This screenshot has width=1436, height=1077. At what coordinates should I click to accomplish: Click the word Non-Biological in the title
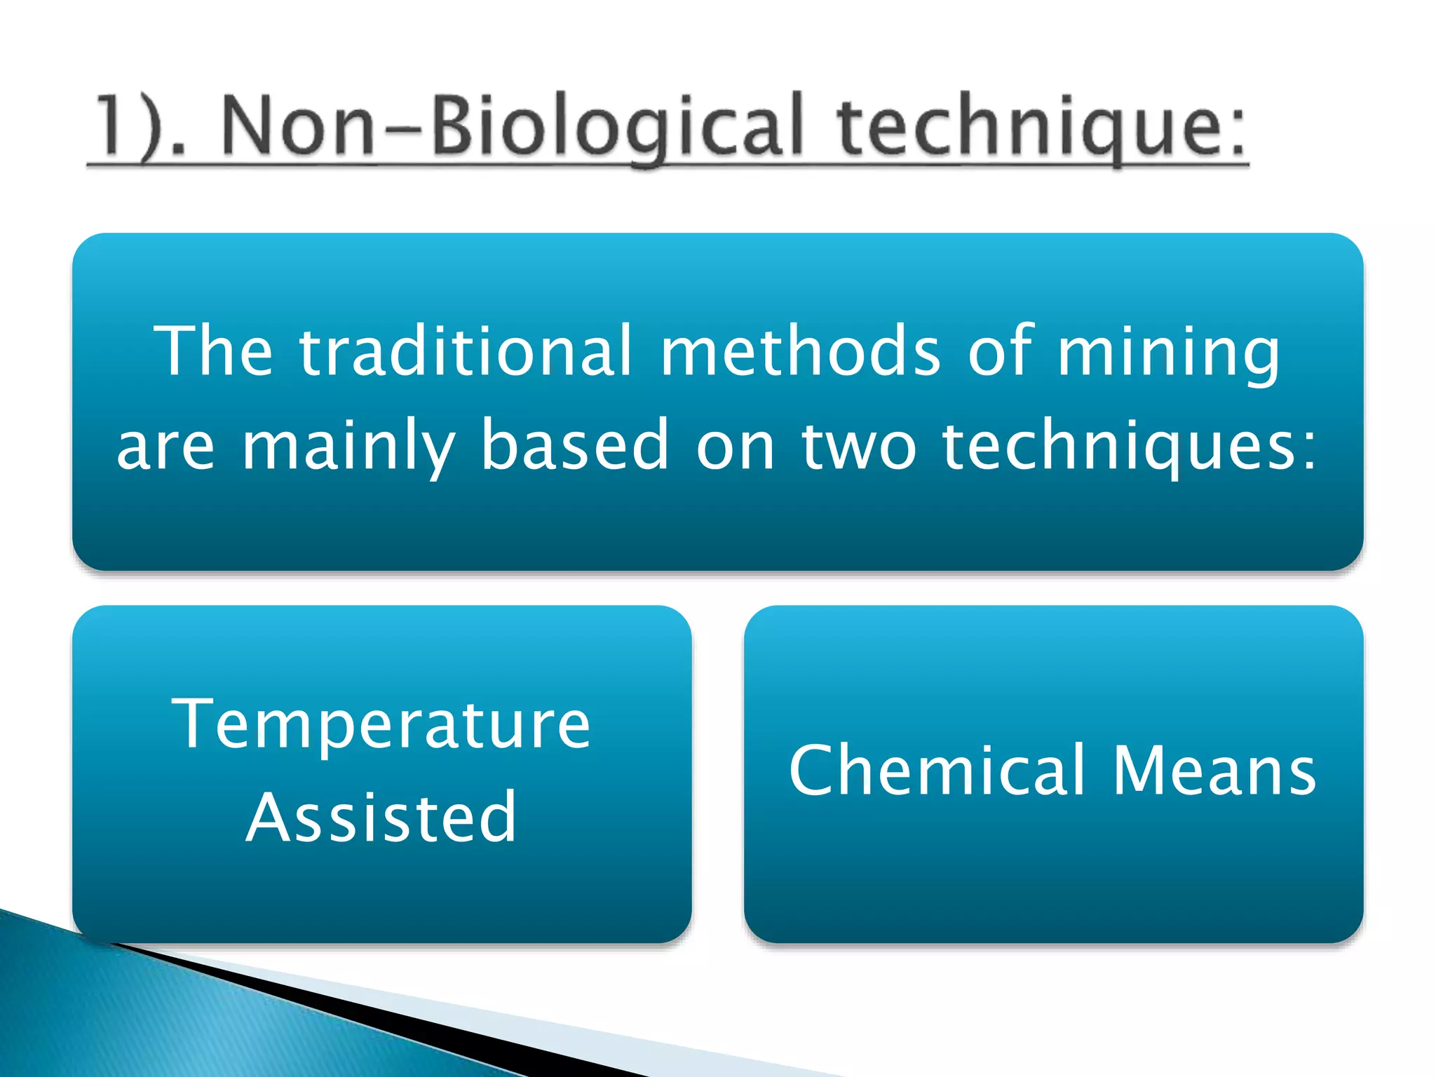tap(512, 126)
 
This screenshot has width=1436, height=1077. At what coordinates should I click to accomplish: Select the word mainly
tap(348, 445)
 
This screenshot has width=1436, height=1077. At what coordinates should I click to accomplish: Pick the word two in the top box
tap(859, 445)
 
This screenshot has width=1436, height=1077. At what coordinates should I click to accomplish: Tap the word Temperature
tap(381, 726)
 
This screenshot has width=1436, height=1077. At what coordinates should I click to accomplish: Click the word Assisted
tap(381, 817)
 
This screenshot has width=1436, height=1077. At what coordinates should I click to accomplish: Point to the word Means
tap(1214, 771)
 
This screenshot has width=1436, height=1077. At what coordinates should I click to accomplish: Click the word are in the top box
tap(165, 447)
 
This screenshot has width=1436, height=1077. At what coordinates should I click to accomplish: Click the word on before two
tap(736, 447)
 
